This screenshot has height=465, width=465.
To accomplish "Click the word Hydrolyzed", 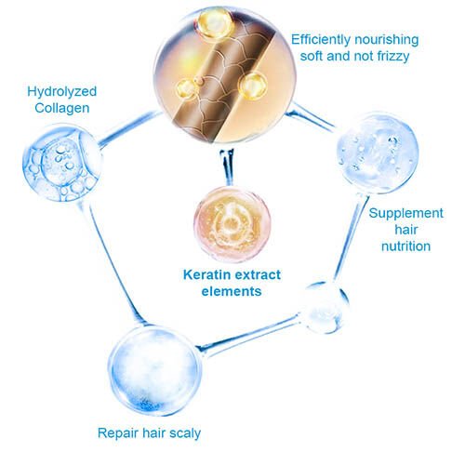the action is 62,92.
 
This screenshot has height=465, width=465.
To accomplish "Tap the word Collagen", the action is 62,108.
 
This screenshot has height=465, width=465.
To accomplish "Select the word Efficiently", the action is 321,40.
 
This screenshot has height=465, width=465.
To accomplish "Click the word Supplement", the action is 406,213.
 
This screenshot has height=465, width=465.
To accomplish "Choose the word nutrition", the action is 405,246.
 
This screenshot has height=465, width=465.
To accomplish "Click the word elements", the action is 232,291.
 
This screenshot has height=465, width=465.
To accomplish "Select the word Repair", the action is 118,433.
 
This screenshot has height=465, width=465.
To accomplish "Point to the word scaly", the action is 185,433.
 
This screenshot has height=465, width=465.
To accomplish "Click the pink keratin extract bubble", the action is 232,224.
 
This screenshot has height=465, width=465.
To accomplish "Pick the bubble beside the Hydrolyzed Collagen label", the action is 62,162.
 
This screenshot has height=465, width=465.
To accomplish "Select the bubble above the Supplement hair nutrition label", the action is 378,153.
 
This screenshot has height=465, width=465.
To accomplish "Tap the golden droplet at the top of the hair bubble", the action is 215,22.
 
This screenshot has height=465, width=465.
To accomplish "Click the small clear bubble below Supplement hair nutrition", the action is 324,308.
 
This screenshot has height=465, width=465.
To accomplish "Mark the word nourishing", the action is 387,40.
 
